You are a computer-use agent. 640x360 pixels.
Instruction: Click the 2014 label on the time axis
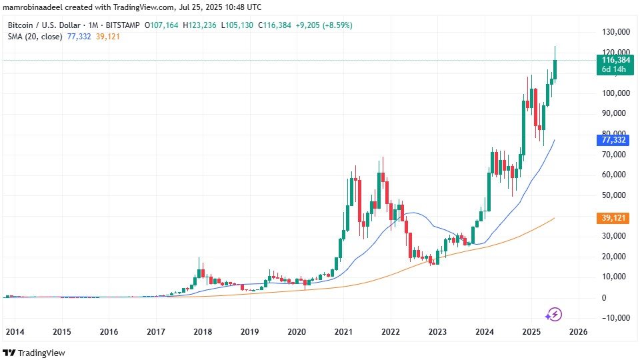15,331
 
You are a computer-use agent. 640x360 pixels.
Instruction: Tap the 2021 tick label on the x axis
343,331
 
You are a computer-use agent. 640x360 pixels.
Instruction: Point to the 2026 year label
577,331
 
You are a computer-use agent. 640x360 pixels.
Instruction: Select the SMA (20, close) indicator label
36,36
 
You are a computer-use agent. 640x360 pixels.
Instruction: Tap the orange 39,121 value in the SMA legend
105,36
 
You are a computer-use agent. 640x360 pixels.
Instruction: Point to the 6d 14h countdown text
612,69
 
